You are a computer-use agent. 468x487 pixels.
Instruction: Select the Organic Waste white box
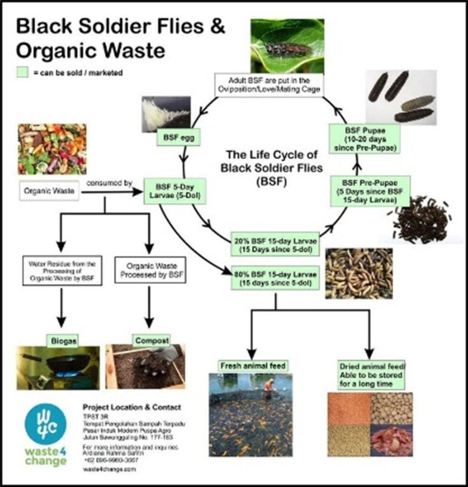(49, 192)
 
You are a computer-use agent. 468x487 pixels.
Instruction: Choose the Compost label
(146, 340)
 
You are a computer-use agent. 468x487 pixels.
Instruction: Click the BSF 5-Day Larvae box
(169, 191)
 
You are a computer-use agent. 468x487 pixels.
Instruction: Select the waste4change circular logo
(46, 424)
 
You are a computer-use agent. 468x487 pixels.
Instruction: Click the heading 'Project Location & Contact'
(132, 407)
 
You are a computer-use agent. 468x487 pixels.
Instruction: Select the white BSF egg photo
(166, 113)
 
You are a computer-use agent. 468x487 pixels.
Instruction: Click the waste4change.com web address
(109, 469)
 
